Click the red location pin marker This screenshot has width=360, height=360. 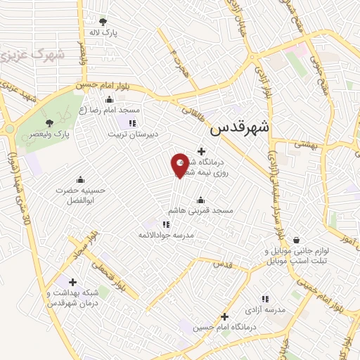point(180,165)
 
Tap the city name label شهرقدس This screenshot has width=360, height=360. point(240,129)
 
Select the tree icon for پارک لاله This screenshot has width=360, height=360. point(104,22)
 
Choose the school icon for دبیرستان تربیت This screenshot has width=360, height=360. point(131,122)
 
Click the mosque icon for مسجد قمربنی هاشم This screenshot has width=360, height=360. point(201,199)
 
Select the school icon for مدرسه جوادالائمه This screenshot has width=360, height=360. point(166,224)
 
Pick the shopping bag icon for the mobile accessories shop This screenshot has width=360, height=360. point(296,240)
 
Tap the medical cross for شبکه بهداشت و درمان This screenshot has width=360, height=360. point(73,281)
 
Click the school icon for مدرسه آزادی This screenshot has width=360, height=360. point(265,299)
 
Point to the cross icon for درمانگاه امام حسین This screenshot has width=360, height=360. point(224,316)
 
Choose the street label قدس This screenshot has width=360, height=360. point(223,264)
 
